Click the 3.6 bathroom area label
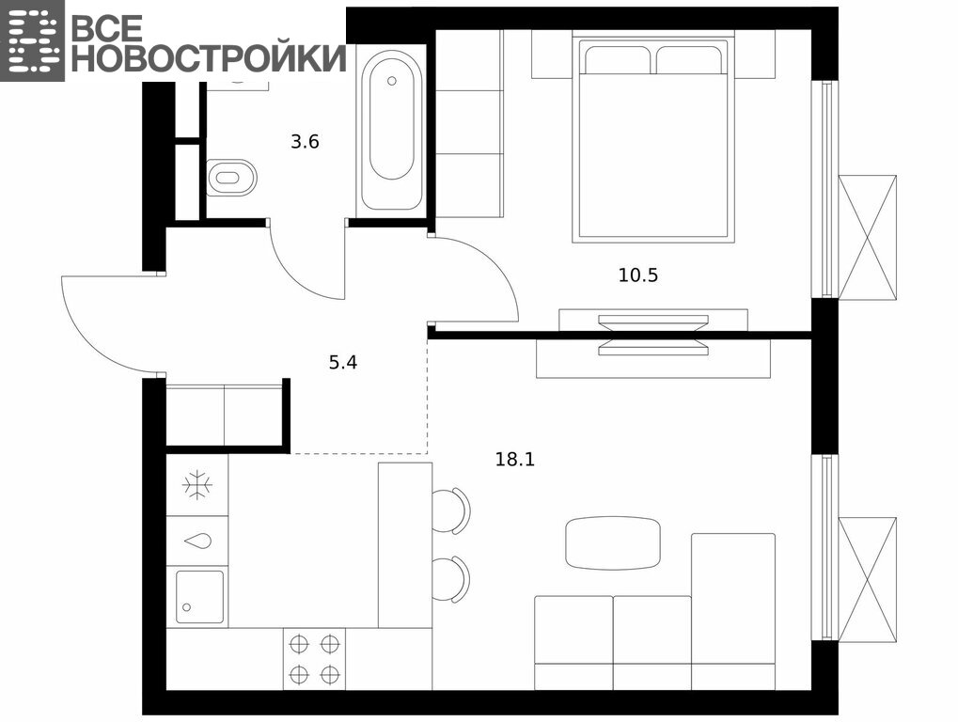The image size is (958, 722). (305, 142)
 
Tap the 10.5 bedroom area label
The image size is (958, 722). (637, 275)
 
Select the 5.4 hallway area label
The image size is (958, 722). (343, 363)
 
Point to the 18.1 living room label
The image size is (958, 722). (514, 460)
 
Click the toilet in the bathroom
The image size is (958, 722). (231, 178)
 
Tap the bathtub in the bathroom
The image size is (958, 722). (391, 132)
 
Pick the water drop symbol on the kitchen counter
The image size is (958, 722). (197, 541)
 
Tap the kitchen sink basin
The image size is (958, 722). (199, 597)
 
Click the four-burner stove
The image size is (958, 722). (314, 659)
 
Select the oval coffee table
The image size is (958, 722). (613, 543)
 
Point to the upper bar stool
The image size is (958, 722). (451, 510)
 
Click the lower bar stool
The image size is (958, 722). (451, 579)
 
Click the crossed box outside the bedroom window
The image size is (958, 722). (868, 237)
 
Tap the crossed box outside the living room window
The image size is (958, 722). (868, 580)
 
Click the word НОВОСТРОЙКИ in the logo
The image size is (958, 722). (209, 59)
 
